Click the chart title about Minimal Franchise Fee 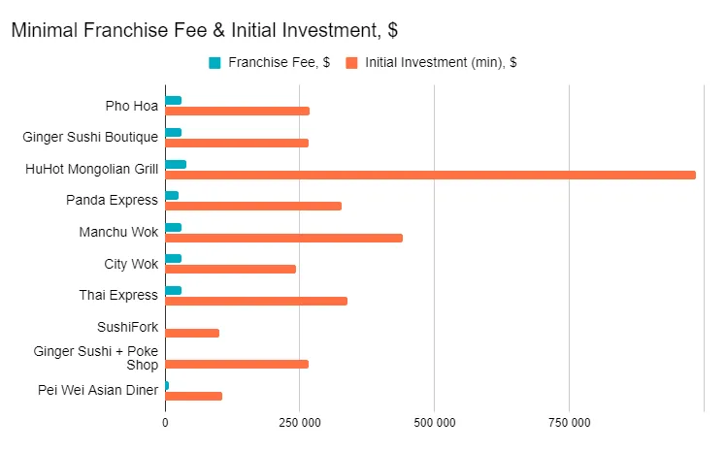(x=204, y=30)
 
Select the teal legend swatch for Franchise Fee (x=214, y=63)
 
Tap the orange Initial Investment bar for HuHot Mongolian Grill (x=430, y=175)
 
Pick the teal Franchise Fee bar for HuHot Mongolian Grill (x=176, y=164)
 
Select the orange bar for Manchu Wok (x=283, y=238)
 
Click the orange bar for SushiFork (x=192, y=333)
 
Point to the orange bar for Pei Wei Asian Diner (x=193, y=396)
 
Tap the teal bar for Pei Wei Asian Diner (x=167, y=385)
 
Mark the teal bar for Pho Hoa (x=174, y=100)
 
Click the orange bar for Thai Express (x=256, y=301)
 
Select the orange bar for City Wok (x=230, y=269)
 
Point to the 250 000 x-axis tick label (x=300, y=423)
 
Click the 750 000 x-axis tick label (x=570, y=423)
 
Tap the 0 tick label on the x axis (x=165, y=423)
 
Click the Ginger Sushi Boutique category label (x=90, y=137)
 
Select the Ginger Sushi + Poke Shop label (x=96, y=358)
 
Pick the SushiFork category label (x=127, y=327)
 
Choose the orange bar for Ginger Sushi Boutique (x=237, y=143)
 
